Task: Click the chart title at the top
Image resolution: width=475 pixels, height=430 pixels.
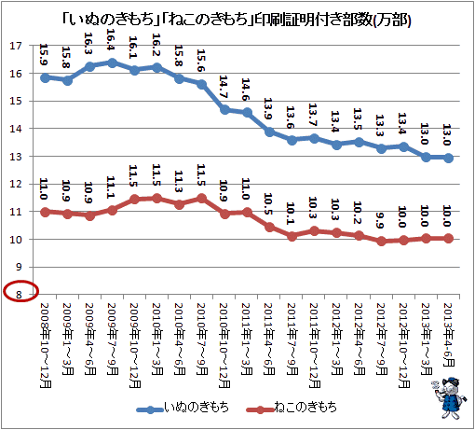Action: [237, 21]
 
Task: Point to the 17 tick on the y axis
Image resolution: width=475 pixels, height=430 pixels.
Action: [16, 46]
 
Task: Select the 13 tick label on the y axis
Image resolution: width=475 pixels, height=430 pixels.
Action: [16, 157]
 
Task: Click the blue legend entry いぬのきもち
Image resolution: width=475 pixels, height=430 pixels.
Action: [183, 407]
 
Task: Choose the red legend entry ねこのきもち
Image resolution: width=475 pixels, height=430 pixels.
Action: [292, 407]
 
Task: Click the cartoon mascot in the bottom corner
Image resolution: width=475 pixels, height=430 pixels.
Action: [449, 398]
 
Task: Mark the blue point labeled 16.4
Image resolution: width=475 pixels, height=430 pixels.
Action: [112, 63]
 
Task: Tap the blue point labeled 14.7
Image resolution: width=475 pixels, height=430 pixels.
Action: [224, 110]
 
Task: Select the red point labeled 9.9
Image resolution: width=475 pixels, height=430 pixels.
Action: [382, 242]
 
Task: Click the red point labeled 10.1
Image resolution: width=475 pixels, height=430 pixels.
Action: [292, 236]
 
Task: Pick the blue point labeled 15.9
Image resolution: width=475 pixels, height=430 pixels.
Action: [46, 77]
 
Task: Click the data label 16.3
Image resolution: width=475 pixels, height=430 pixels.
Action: [88, 43]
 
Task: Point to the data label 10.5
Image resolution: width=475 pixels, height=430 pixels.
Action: [268, 203]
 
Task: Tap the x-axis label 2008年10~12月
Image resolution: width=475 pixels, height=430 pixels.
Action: [46, 345]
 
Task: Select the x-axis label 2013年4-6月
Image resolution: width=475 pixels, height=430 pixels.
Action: [449, 335]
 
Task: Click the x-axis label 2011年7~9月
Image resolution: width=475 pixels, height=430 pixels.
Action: [292, 339]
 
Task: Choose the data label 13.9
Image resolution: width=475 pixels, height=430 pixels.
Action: [268, 108]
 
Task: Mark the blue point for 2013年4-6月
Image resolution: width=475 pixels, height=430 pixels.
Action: [448, 158]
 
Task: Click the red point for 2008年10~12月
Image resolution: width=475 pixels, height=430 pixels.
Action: [46, 213]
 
